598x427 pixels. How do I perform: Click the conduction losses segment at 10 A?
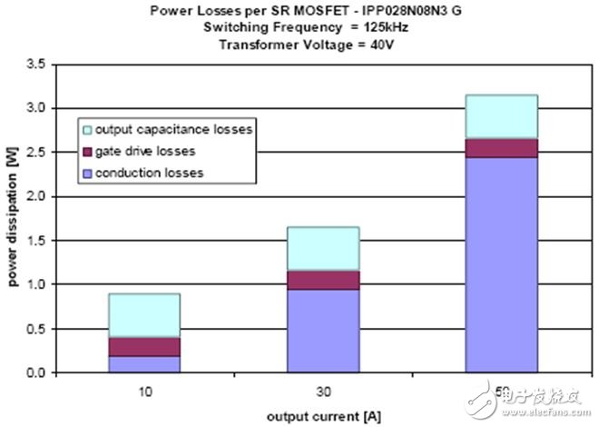[x=143, y=363]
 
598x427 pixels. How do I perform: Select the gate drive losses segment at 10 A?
[x=143, y=346]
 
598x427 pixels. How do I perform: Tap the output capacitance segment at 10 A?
[x=143, y=315]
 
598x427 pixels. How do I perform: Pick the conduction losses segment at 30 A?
[x=322, y=331]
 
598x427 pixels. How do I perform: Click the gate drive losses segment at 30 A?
[x=322, y=280]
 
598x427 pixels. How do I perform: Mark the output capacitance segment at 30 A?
[x=322, y=249]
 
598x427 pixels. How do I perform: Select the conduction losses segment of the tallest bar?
[x=501, y=264]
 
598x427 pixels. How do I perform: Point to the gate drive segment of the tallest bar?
[x=501, y=148]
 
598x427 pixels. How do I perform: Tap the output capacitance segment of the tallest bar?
[x=501, y=116]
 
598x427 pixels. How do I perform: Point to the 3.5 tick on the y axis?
[x=35, y=64]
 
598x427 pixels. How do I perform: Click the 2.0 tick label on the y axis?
[x=35, y=196]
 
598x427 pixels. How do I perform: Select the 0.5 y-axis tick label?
[x=35, y=329]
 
